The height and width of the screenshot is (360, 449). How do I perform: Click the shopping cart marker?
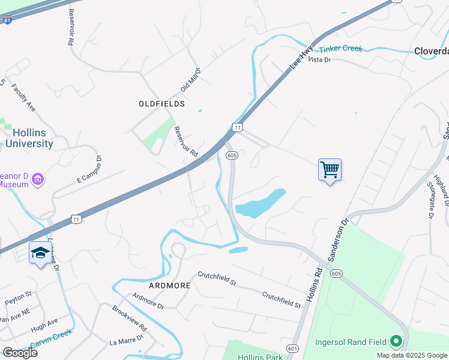pos(330,170)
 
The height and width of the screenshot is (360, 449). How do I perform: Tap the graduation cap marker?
pos(40,253)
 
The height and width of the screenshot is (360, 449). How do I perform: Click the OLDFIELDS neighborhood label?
pos(161,104)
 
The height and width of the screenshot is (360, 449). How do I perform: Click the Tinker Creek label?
pos(341,49)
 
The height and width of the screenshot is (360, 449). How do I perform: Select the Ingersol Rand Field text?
pos(351,342)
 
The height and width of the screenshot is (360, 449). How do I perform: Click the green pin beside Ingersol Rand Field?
pos(396,342)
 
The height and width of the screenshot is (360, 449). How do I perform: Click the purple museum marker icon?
pos(38,179)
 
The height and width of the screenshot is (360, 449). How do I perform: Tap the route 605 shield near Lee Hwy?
pos(232,155)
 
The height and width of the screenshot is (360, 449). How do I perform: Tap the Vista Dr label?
pos(319,59)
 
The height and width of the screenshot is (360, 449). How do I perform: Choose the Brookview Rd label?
pos(129,318)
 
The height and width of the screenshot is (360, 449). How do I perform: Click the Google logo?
pos(20,353)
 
